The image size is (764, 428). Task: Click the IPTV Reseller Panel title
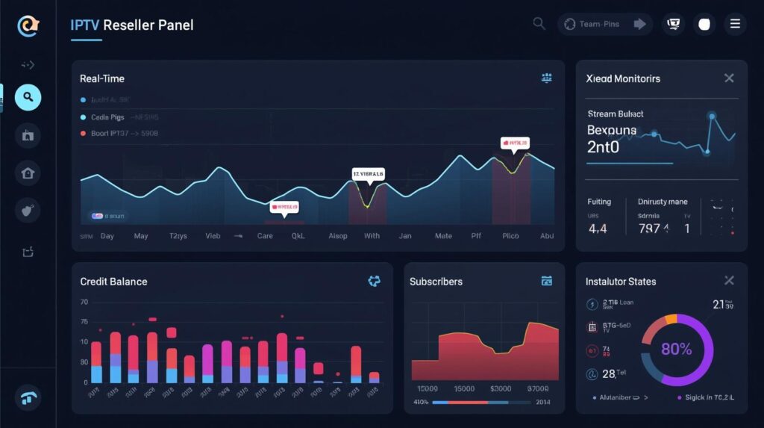click(x=132, y=25)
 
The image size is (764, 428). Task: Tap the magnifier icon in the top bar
click(x=539, y=24)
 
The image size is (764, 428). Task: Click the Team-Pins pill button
click(x=604, y=24)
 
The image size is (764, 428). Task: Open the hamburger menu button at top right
click(x=735, y=24)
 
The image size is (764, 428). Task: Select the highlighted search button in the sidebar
click(x=28, y=97)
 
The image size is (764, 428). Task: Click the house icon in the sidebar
click(x=28, y=173)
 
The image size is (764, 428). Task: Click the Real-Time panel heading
click(x=102, y=78)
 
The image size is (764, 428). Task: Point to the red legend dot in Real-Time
click(x=84, y=134)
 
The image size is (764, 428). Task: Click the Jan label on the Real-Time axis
click(x=405, y=235)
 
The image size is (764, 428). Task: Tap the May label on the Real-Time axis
click(x=141, y=235)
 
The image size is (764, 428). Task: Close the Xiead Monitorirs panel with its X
click(x=729, y=78)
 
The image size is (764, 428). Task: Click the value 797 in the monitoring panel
click(x=649, y=229)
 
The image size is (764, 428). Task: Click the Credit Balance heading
click(x=113, y=282)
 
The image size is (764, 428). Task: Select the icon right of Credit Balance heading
click(x=375, y=281)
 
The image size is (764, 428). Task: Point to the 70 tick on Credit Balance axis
click(x=84, y=303)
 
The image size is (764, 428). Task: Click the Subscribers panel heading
click(x=436, y=282)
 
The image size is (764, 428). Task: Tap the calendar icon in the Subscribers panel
click(x=546, y=281)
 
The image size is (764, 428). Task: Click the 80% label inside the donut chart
click(x=676, y=349)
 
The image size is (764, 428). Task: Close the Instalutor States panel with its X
click(x=729, y=281)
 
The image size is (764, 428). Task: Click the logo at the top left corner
click(x=28, y=26)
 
